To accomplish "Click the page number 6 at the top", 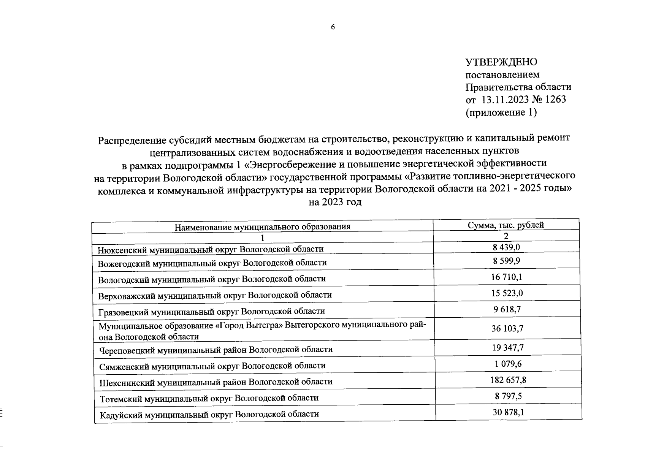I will [x=333, y=27].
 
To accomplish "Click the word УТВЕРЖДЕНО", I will [x=502, y=62].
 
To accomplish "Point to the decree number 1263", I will [x=556, y=100].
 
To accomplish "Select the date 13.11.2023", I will [x=506, y=100].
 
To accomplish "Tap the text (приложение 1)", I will [x=501, y=112].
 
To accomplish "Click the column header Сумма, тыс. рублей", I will [x=506, y=225].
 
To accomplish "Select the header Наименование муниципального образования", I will [x=262, y=227].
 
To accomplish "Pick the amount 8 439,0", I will [x=506, y=248].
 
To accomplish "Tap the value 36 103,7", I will [x=507, y=328].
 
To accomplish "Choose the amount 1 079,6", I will [x=508, y=364].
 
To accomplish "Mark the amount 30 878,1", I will [x=509, y=412].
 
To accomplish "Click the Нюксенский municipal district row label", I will [x=211, y=249].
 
